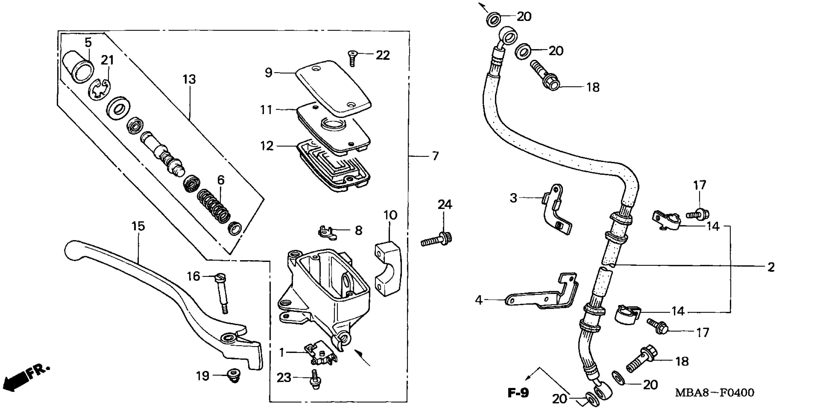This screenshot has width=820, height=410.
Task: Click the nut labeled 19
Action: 234,376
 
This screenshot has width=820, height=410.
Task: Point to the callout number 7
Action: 435,156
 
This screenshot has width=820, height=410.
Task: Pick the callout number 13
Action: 189,79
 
